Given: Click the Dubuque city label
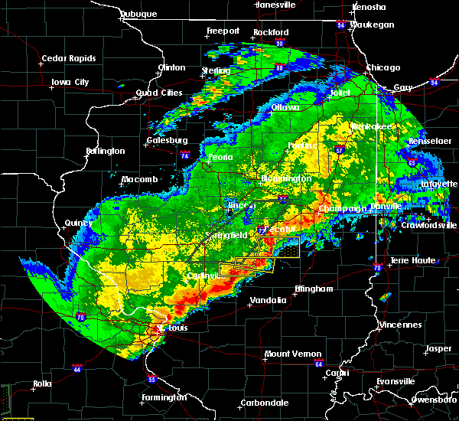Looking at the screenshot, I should point(138,14).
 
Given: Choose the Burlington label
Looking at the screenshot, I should point(106,151).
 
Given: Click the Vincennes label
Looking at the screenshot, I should point(401,325).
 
